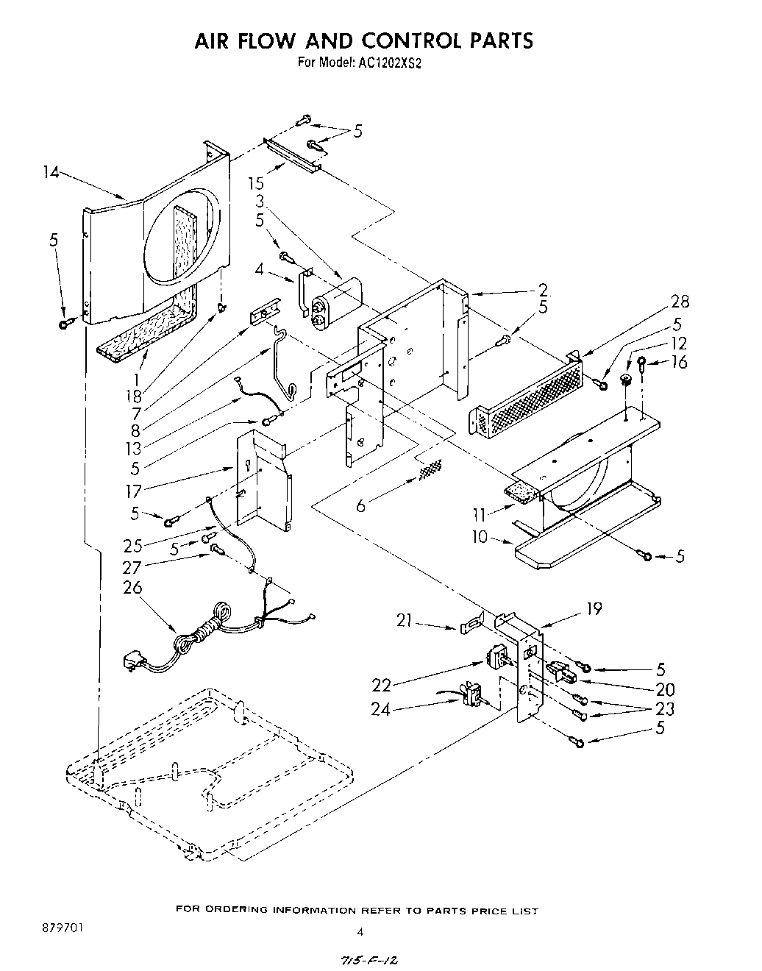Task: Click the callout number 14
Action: tap(51, 172)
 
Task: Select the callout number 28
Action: tap(680, 302)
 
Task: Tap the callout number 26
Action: tap(133, 588)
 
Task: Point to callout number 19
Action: tap(594, 608)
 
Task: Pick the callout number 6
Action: tap(361, 506)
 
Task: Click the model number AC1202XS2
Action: tap(391, 63)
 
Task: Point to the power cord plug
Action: tap(134, 659)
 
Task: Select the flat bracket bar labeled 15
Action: tap(293, 155)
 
